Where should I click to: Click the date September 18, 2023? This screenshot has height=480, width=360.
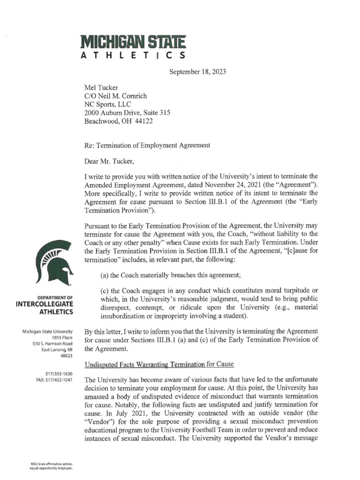pyautogui.click(x=197, y=72)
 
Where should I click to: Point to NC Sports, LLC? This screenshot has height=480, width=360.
pyautogui.click(x=107, y=104)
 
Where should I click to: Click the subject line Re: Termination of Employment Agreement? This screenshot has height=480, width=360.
pyautogui.click(x=147, y=145)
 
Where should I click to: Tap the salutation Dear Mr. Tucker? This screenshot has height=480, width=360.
pyautogui.click(x=109, y=162)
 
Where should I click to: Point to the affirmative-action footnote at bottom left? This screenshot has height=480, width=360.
pyautogui.click(x=52, y=466)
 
